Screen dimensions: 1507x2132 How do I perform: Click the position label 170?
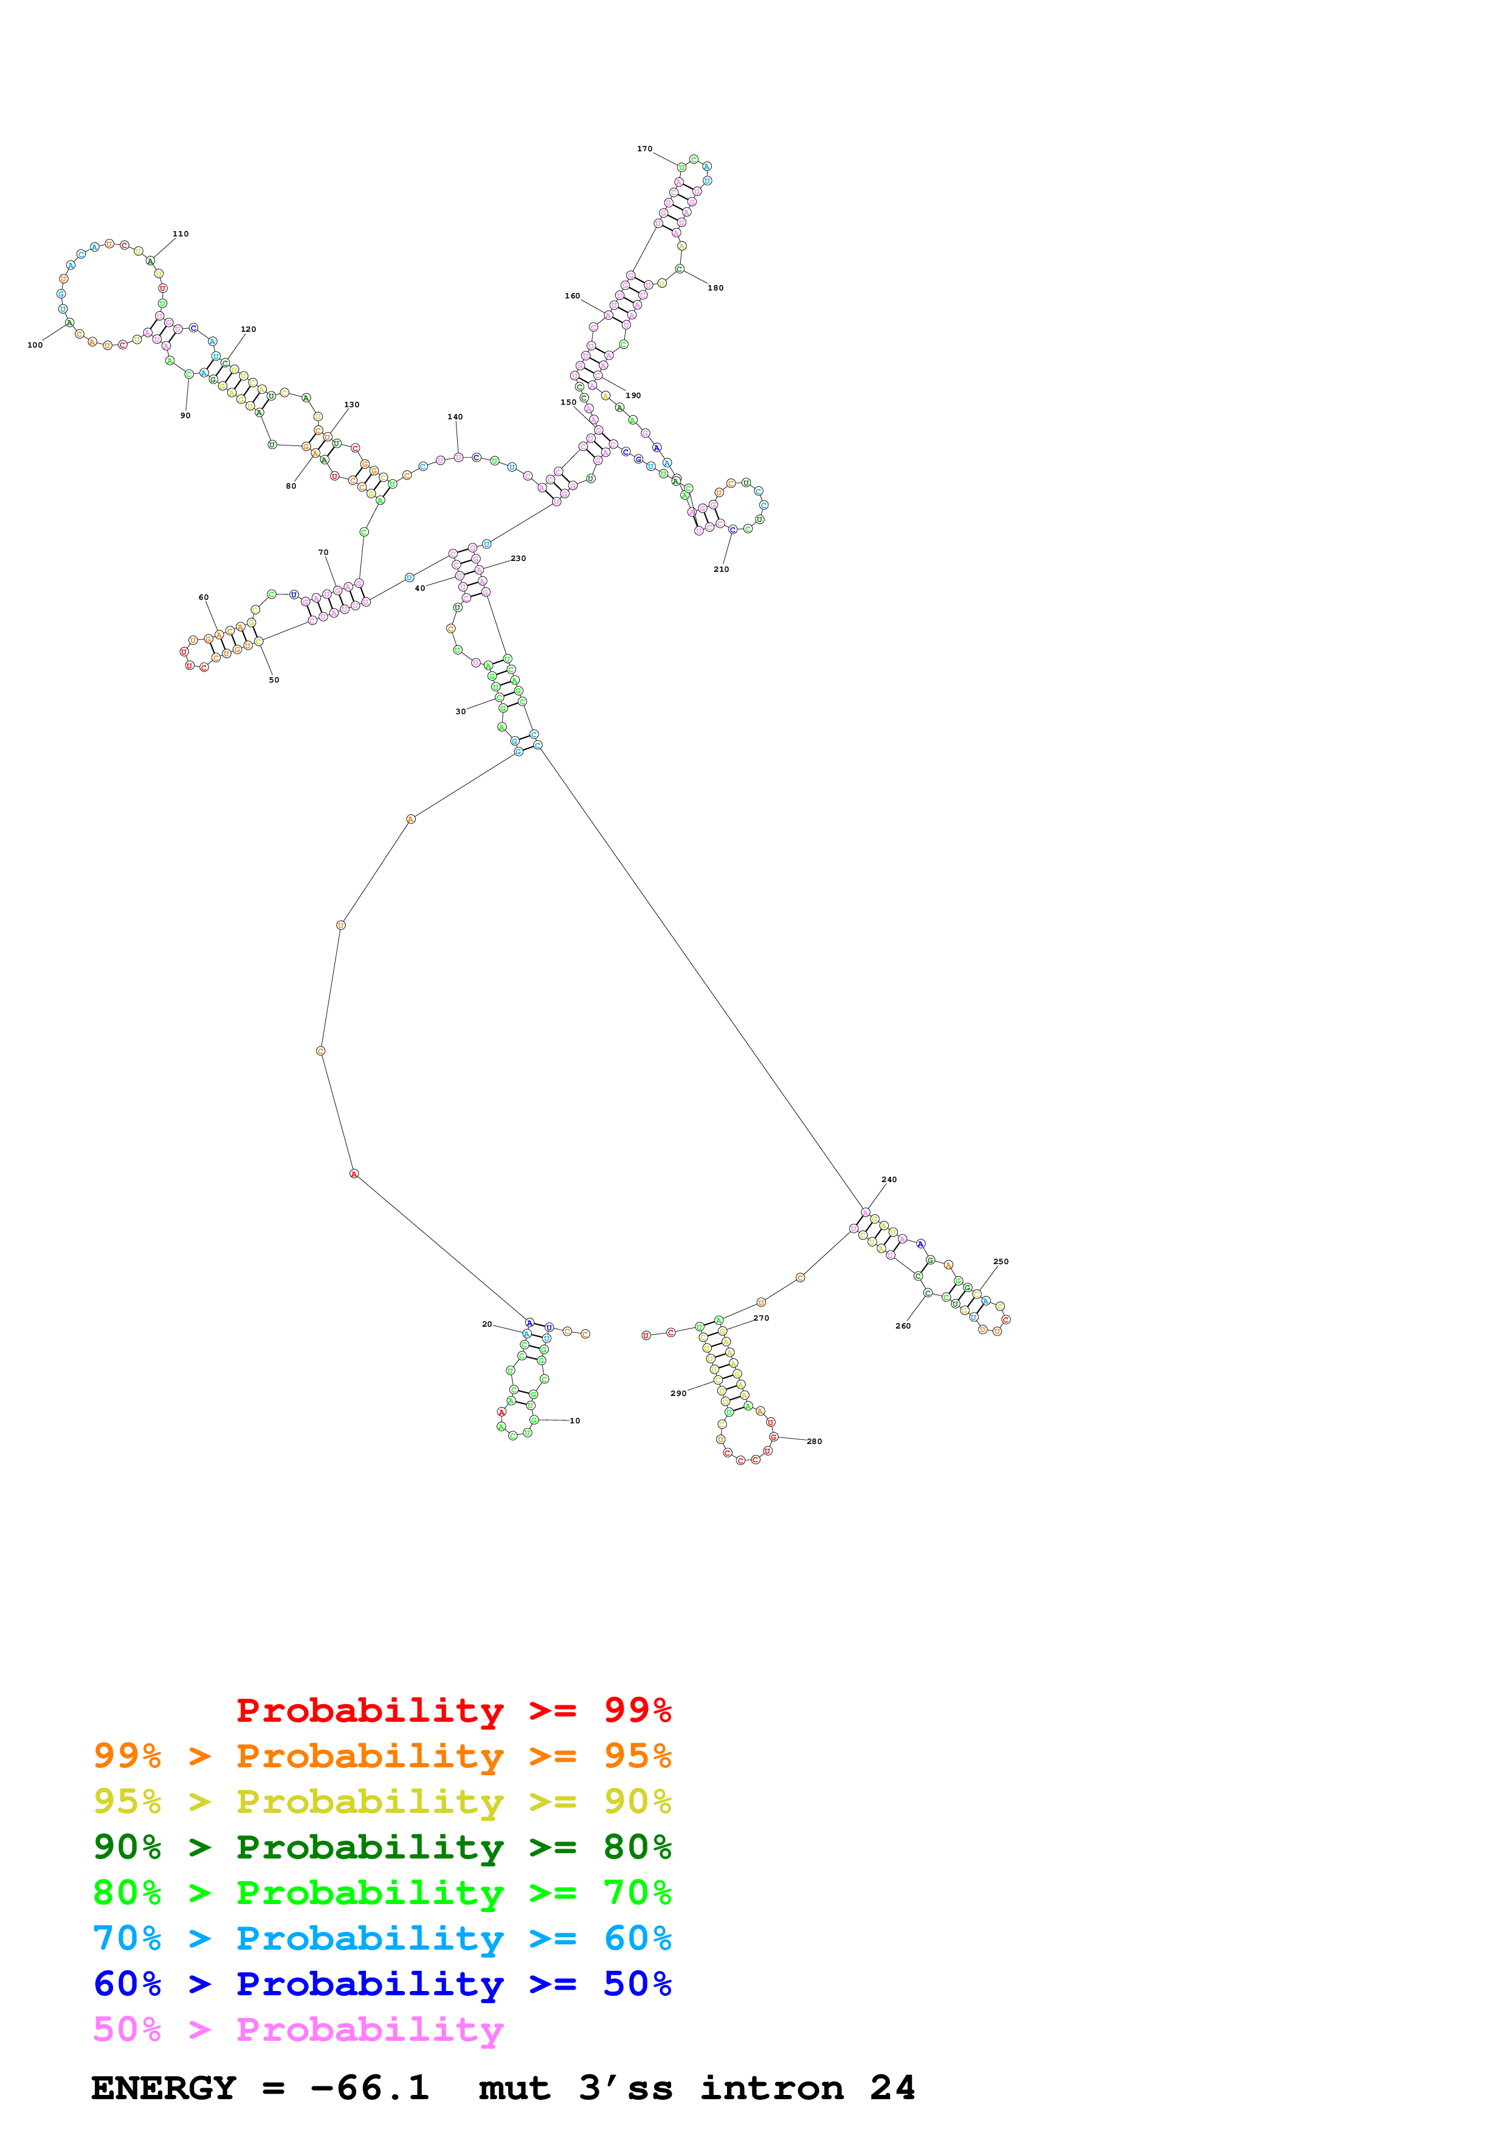pos(644,148)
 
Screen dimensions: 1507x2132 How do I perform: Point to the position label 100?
pos(35,345)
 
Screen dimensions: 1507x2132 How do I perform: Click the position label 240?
pos(889,1179)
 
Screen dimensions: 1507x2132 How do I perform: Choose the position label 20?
pos(486,1324)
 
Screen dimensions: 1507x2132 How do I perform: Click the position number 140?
pos(455,417)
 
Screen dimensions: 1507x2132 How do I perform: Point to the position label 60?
pos(204,597)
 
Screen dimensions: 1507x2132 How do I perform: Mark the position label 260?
pos(903,1326)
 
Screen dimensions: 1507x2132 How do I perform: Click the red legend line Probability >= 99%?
pos(453,1710)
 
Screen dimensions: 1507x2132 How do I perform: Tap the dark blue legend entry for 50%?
pos(382,1984)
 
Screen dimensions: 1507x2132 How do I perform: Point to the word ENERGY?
pos(164,2088)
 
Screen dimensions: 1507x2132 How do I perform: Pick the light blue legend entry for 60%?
pos(382,1938)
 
